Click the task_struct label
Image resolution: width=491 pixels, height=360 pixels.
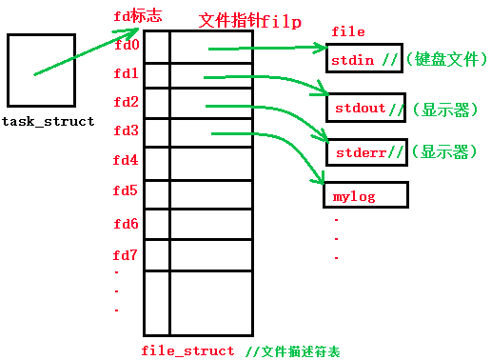click(49, 122)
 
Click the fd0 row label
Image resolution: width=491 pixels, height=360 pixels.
click(126, 45)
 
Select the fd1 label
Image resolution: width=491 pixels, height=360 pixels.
click(126, 73)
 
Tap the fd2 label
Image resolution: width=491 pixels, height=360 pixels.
click(126, 102)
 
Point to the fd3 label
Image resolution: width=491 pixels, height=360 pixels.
click(126, 130)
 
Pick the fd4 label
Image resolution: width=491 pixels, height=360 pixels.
click(126, 160)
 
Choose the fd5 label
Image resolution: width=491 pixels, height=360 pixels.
click(126, 190)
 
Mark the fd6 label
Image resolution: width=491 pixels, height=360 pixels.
click(126, 225)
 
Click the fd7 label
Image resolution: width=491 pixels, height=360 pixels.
click(126, 255)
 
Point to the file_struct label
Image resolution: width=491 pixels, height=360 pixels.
click(187, 350)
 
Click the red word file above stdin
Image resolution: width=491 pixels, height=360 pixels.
click(347, 32)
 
